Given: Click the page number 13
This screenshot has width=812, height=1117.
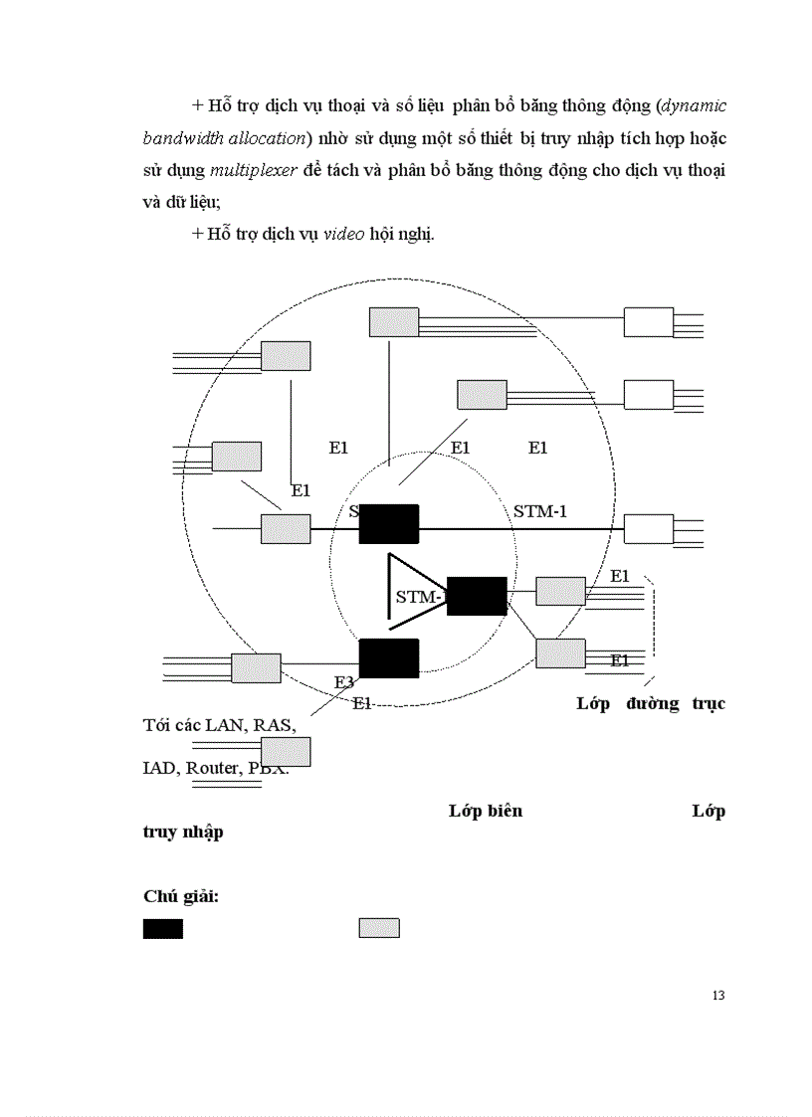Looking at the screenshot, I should pos(718,996).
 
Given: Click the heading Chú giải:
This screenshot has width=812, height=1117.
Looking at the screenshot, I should pos(181,896).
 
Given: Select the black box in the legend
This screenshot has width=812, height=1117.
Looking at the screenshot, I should pos(162,928).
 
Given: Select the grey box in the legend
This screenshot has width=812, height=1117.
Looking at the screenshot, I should pos(378,928).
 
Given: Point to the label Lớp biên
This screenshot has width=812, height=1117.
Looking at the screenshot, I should pos(486,811).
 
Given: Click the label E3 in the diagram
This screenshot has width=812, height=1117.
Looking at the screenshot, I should pos(343,682).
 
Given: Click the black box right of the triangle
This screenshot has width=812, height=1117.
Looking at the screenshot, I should pos(477,595).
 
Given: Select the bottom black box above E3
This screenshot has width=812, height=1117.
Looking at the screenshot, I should pos(388,657).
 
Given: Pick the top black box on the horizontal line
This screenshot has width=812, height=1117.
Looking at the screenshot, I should pos(388,523).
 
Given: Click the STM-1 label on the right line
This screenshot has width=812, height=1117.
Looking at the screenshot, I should pos(546,512).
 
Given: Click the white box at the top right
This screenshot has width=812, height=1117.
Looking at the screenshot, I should pos(648,322).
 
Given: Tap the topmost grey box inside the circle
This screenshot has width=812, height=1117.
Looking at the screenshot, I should pos(394,321).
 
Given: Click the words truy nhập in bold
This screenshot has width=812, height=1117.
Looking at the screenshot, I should pos(183,833).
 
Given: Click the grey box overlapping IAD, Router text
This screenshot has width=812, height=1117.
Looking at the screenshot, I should pos(286,752).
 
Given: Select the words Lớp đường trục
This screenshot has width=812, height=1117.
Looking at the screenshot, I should pos(651,703).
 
